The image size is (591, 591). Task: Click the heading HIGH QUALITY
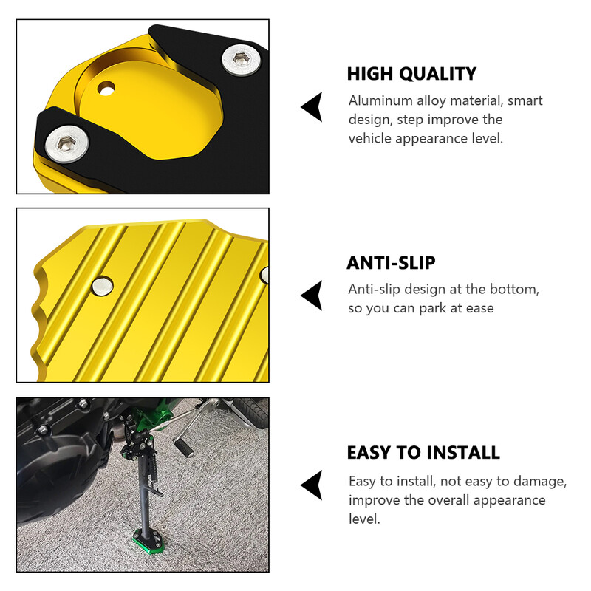[411, 74]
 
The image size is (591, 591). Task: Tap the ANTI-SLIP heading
[391, 263]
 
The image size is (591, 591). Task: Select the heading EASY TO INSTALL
[423, 452]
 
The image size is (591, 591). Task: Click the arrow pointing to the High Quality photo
[312, 106]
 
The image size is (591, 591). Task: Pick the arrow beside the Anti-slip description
[312, 295]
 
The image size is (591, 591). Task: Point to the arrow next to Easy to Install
[312, 485]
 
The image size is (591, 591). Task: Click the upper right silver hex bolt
[241, 59]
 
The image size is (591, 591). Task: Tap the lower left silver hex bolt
[66, 143]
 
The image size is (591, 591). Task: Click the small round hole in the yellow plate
[106, 89]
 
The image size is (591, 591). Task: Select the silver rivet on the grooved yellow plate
[102, 286]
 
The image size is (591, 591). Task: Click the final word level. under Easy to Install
[364, 519]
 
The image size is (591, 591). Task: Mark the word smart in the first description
[525, 101]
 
